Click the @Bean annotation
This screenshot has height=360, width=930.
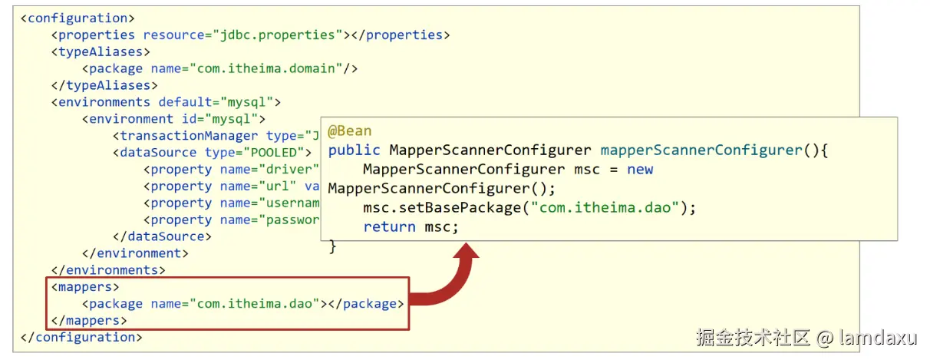(x=350, y=132)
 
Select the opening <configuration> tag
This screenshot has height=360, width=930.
(x=77, y=18)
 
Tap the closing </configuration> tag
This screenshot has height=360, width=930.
(x=81, y=338)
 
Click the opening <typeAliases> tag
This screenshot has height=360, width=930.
(x=101, y=51)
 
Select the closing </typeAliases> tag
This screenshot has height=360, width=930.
(x=104, y=85)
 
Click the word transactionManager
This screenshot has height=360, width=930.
(x=189, y=136)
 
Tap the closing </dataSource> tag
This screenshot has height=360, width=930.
(x=162, y=236)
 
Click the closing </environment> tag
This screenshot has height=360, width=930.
(x=135, y=253)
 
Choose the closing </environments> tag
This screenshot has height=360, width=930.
(x=108, y=270)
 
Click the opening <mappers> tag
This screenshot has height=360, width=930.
(x=85, y=287)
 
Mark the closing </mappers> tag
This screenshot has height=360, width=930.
(x=89, y=321)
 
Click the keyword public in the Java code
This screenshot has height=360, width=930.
(x=355, y=150)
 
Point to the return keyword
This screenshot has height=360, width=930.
(x=390, y=227)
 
